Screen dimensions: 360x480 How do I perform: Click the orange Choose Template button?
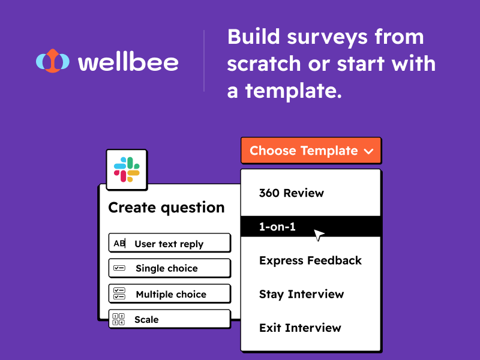pos(310,151)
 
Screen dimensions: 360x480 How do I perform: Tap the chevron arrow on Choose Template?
pos(368,151)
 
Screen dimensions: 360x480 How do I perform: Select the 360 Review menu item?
pos(291,193)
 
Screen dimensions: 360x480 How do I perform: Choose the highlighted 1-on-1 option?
pos(277,227)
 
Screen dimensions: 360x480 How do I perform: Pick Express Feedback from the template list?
pos(310,260)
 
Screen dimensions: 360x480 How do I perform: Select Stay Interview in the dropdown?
pos(301,294)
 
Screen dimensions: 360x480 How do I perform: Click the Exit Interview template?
pos(300,328)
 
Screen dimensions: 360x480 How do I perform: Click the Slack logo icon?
pos(127,169)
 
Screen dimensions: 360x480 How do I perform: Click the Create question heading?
pos(166,208)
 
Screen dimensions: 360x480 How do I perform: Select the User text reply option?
pos(169,244)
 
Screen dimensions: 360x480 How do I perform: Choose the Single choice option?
pos(166,268)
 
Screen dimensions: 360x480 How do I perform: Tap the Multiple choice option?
pos(170,294)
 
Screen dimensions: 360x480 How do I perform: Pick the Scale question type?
pos(146,320)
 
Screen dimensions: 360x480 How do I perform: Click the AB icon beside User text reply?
pos(119,244)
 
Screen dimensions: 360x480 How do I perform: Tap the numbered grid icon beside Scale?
pos(119,319)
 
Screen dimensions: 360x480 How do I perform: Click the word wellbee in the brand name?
pos(128,62)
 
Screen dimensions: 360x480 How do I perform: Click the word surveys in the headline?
pos(323,37)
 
